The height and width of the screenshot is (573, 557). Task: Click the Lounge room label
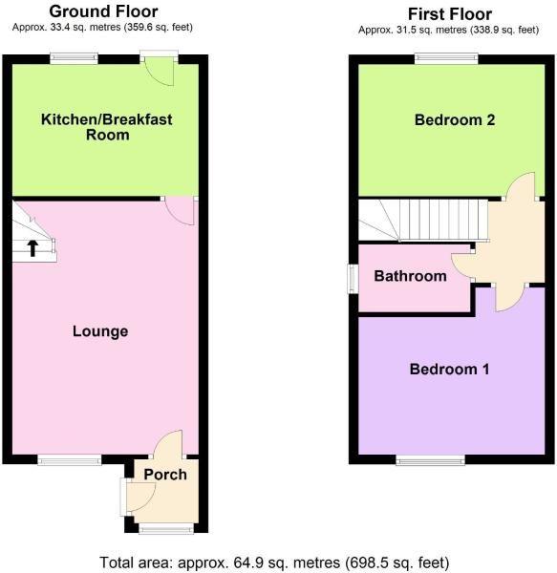pyautogui.click(x=100, y=331)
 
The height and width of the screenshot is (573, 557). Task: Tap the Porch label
pyautogui.click(x=165, y=475)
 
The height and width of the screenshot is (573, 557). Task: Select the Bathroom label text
pyautogui.click(x=410, y=276)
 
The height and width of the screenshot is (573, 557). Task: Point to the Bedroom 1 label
pyautogui.click(x=450, y=369)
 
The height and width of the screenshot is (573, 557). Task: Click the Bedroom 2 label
pyautogui.click(x=455, y=120)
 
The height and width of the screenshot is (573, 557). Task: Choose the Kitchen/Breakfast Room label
pyautogui.click(x=107, y=127)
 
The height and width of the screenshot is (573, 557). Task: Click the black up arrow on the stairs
pyautogui.click(x=32, y=248)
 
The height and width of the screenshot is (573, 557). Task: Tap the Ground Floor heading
pyautogui.click(x=103, y=11)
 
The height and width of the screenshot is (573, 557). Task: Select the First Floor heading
pyautogui.click(x=450, y=14)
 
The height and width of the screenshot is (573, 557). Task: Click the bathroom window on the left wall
pyautogui.click(x=353, y=279)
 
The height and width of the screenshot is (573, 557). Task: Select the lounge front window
pyautogui.click(x=70, y=460)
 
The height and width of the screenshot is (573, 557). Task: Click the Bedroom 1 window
pyautogui.click(x=431, y=460)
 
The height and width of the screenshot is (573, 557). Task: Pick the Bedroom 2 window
pyautogui.click(x=446, y=59)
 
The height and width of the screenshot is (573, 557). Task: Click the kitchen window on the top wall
pyautogui.click(x=75, y=59)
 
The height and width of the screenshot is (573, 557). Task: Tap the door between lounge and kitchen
pyautogui.click(x=179, y=212)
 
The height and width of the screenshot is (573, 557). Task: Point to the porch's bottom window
pyautogui.click(x=166, y=528)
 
